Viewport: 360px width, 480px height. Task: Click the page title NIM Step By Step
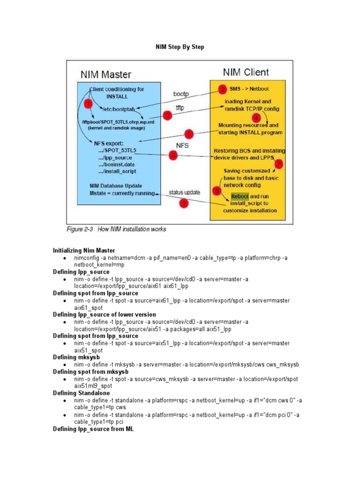coord(180,47)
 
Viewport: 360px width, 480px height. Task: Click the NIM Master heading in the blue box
coord(106,75)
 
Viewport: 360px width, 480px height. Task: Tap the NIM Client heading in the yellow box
coord(246,72)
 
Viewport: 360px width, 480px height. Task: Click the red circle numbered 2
coord(222,89)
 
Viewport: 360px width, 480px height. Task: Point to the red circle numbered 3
coord(167,115)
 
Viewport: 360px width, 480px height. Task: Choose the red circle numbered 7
coord(278,164)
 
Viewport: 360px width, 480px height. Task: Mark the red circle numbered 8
coord(216,191)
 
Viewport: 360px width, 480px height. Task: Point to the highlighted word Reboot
coord(236,196)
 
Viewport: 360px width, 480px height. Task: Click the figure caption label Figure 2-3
coord(82,229)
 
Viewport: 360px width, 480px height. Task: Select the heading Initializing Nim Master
coord(84,250)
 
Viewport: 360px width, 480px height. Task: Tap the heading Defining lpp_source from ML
coord(93,428)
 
